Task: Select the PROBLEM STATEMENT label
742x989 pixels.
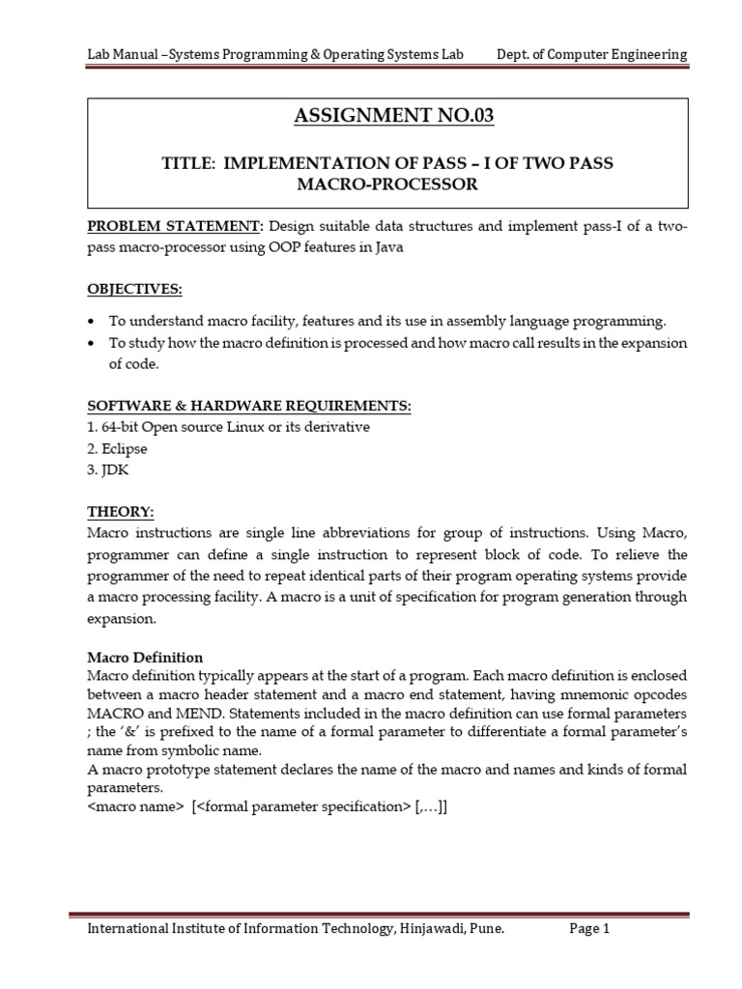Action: (175, 226)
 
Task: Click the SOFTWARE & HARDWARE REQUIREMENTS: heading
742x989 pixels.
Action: (249, 407)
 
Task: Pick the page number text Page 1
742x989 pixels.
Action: (589, 929)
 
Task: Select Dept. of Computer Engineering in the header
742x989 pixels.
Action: (592, 54)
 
